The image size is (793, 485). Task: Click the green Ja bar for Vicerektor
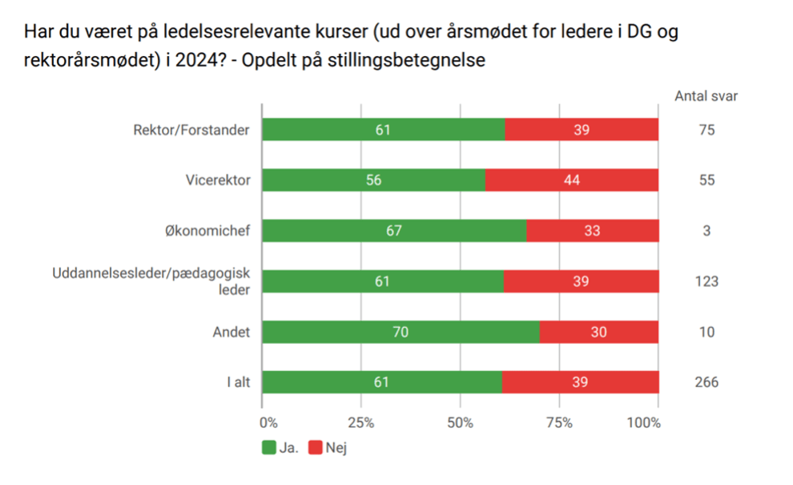point(373,180)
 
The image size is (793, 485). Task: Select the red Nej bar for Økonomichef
point(593,231)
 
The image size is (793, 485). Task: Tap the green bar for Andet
point(401,332)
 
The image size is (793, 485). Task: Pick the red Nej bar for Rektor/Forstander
point(582,130)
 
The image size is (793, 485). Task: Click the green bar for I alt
point(382,382)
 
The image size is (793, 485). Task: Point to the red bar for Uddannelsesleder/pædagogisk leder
point(582,281)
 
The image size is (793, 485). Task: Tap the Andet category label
point(232,332)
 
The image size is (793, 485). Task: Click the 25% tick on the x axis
point(361,422)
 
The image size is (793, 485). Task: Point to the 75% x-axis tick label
point(558,422)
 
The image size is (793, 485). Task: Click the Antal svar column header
point(706,96)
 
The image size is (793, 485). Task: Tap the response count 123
point(706,281)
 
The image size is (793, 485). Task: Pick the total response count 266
point(706,382)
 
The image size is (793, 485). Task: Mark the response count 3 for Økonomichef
point(706,231)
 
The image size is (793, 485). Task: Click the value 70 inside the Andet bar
point(401,332)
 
